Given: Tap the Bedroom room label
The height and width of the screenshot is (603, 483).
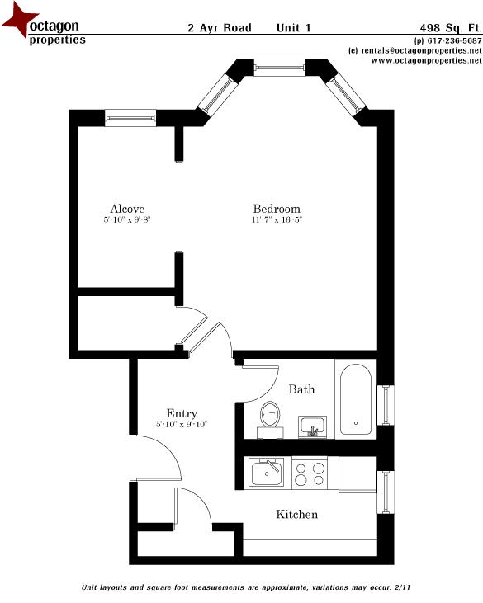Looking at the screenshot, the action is pyautogui.click(x=277, y=209).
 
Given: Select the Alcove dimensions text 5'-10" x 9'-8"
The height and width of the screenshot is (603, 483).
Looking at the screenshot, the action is pyautogui.click(x=127, y=220).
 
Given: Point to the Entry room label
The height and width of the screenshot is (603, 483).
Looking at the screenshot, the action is pyautogui.click(x=182, y=414).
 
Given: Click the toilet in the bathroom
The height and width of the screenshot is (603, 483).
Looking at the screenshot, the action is pyautogui.click(x=271, y=419).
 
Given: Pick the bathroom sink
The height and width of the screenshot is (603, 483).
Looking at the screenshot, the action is pyautogui.click(x=313, y=426).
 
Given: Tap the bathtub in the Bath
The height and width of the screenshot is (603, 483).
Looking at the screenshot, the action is pyautogui.click(x=356, y=399).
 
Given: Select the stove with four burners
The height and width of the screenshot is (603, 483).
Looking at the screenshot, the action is pyautogui.click(x=310, y=473).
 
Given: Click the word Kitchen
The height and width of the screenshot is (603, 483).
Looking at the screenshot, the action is pyautogui.click(x=296, y=515).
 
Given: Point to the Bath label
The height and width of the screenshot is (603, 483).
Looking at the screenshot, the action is pyautogui.click(x=301, y=389).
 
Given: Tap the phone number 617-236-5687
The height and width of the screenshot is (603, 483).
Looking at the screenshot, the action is pyautogui.click(x=455, y=40).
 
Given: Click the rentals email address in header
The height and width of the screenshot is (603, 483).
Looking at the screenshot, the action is pyautogui.click(x=421, y=50).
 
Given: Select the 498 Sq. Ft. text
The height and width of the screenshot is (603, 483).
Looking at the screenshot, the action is pyautogui.click(x=451, y=28).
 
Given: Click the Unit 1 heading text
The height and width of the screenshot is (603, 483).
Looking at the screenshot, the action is pyautogui.click(x=294, y=28).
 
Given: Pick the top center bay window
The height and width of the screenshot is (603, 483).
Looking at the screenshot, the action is pyautogui.click(x=280, y=68).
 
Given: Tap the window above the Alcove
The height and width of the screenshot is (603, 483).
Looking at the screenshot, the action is pyautogui.click(x=130, y=118).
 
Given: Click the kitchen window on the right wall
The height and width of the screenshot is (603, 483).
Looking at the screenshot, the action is pyautogui.click(x=386, y=492).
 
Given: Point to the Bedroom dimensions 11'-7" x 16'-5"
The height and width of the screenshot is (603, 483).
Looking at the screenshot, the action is pyautogui.click(x=277, y=220).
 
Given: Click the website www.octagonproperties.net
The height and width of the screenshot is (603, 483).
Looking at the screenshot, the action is pyautogui.click(x=426, y=61).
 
